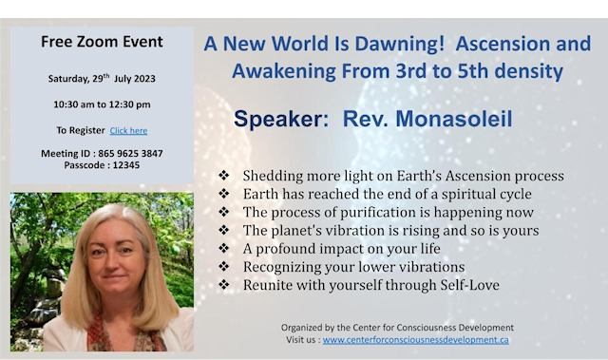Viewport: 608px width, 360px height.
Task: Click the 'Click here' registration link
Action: (128, 130)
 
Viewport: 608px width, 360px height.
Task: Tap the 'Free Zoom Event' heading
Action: (102, 42)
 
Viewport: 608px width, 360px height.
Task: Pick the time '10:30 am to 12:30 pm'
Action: (102, 104)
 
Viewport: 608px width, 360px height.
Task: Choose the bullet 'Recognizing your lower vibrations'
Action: (353, 267)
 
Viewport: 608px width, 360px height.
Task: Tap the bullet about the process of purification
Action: (388, 213)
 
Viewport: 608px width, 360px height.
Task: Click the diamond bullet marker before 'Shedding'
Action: (223, 177)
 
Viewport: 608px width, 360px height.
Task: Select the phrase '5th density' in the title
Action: (508, 71)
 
